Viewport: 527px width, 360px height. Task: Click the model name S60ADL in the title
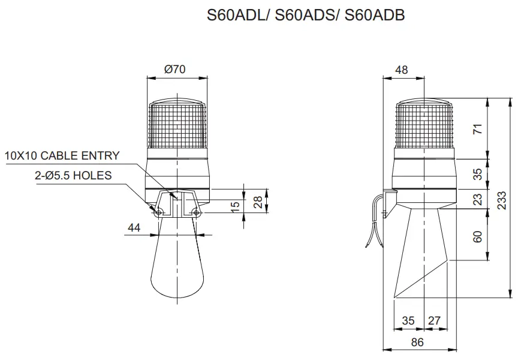click(x=237, y=16)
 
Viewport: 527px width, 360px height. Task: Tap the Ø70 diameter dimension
click(x=175, y=69)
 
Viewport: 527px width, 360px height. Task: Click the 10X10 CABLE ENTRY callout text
click(x=62, y=156)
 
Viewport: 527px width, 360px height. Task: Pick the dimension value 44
click(x=134, y=227)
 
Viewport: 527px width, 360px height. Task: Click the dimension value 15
click(x=236, y=205)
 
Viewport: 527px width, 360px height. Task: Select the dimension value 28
click(x=258, y=202)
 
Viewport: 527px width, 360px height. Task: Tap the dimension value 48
click(x=402, y=70)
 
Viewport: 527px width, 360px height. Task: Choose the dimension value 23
click(x=478, y=199)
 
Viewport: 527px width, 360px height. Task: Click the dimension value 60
click(x=478, y=236)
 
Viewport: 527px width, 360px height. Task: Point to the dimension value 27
click(x=434, y=320)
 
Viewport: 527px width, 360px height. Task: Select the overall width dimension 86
click(x=417, y=342)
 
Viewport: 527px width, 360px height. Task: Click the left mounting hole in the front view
click(x=158, y=212)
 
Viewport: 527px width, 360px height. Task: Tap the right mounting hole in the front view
click(x=196, y=212)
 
